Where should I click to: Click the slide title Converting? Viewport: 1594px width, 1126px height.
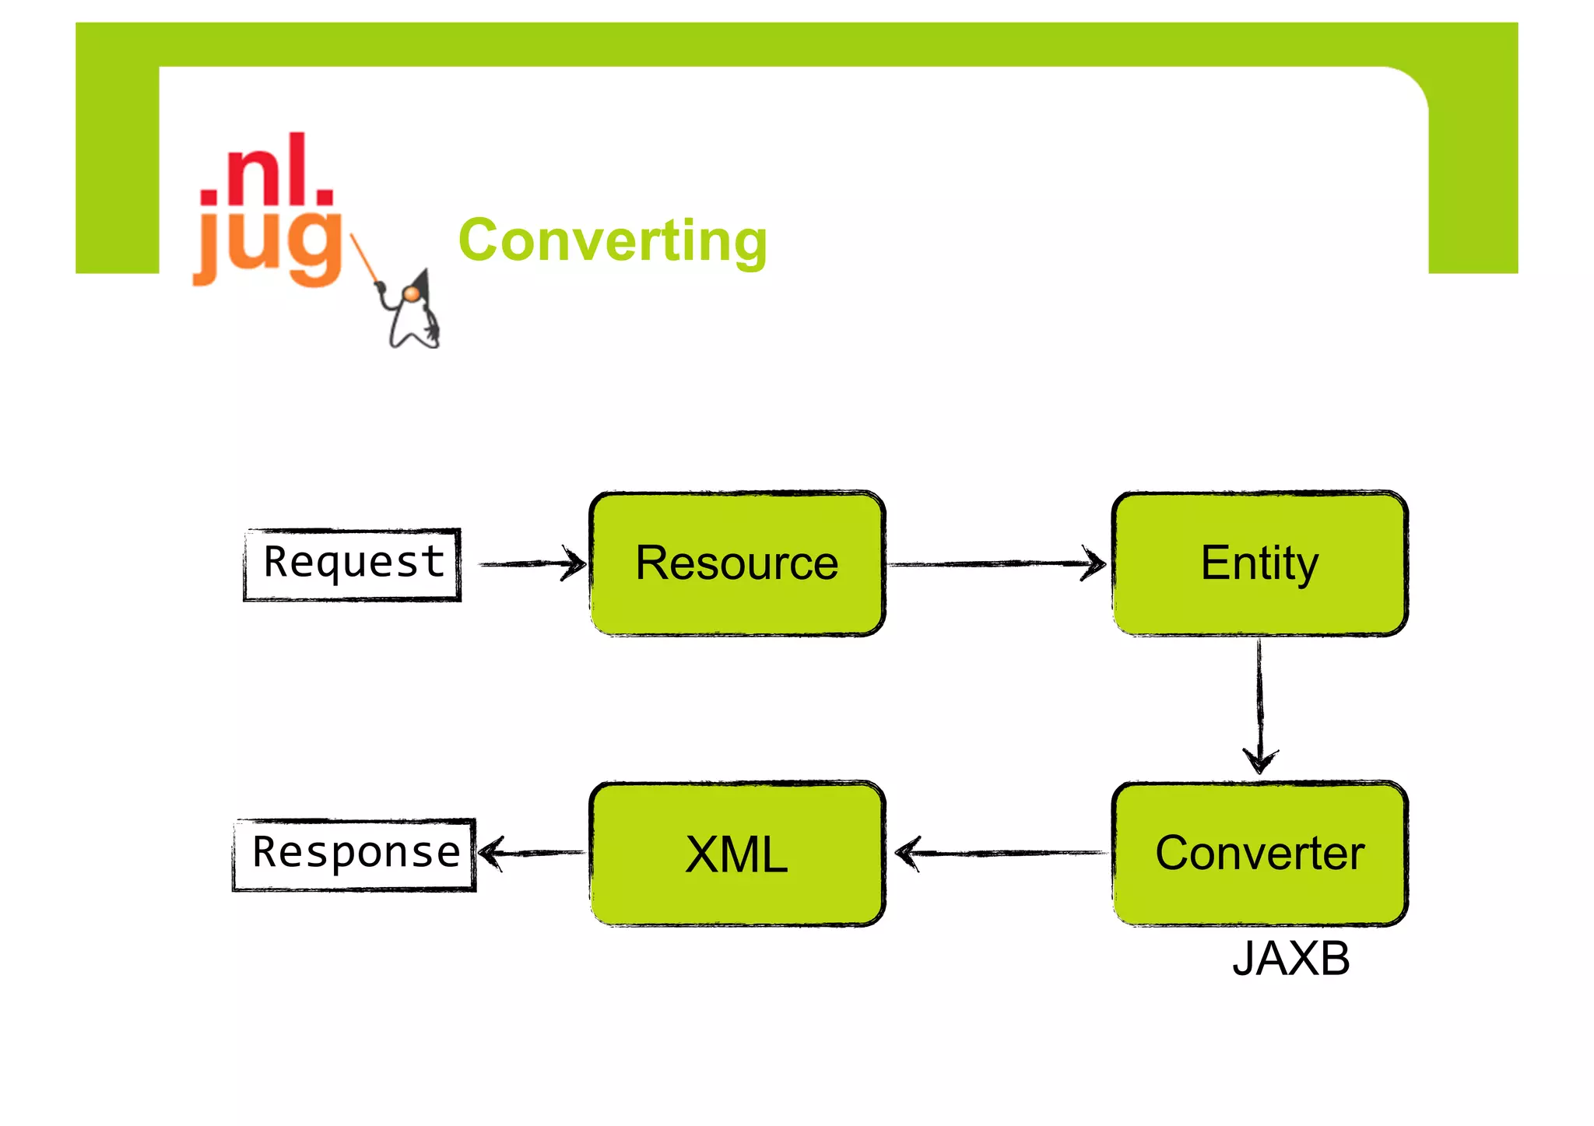tap(613, 240)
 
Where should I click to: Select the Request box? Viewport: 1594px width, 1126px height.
tap(353, 564)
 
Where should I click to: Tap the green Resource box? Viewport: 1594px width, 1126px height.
tap(737, 563)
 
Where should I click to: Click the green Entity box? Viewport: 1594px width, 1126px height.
tap(1259, 563)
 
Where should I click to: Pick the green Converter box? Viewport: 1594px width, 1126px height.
tap(1259, 854)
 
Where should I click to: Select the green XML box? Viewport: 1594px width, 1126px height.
tap(737, 854)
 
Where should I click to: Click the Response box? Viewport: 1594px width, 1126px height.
tap(354, 854)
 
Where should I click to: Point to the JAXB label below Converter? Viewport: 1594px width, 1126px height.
tap(1290, 959)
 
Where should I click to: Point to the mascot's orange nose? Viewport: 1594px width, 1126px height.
tap(410, 293)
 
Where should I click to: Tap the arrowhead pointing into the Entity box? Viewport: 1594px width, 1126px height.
tap(1096, 563)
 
